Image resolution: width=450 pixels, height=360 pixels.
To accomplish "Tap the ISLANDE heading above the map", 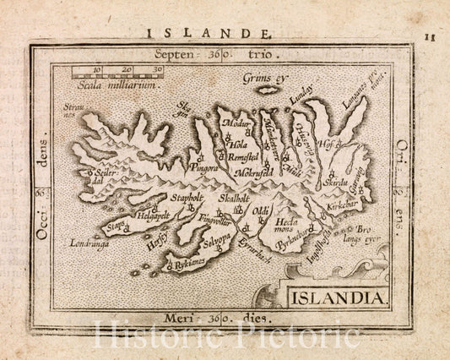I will pyautogui.click(x=209, y=35).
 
